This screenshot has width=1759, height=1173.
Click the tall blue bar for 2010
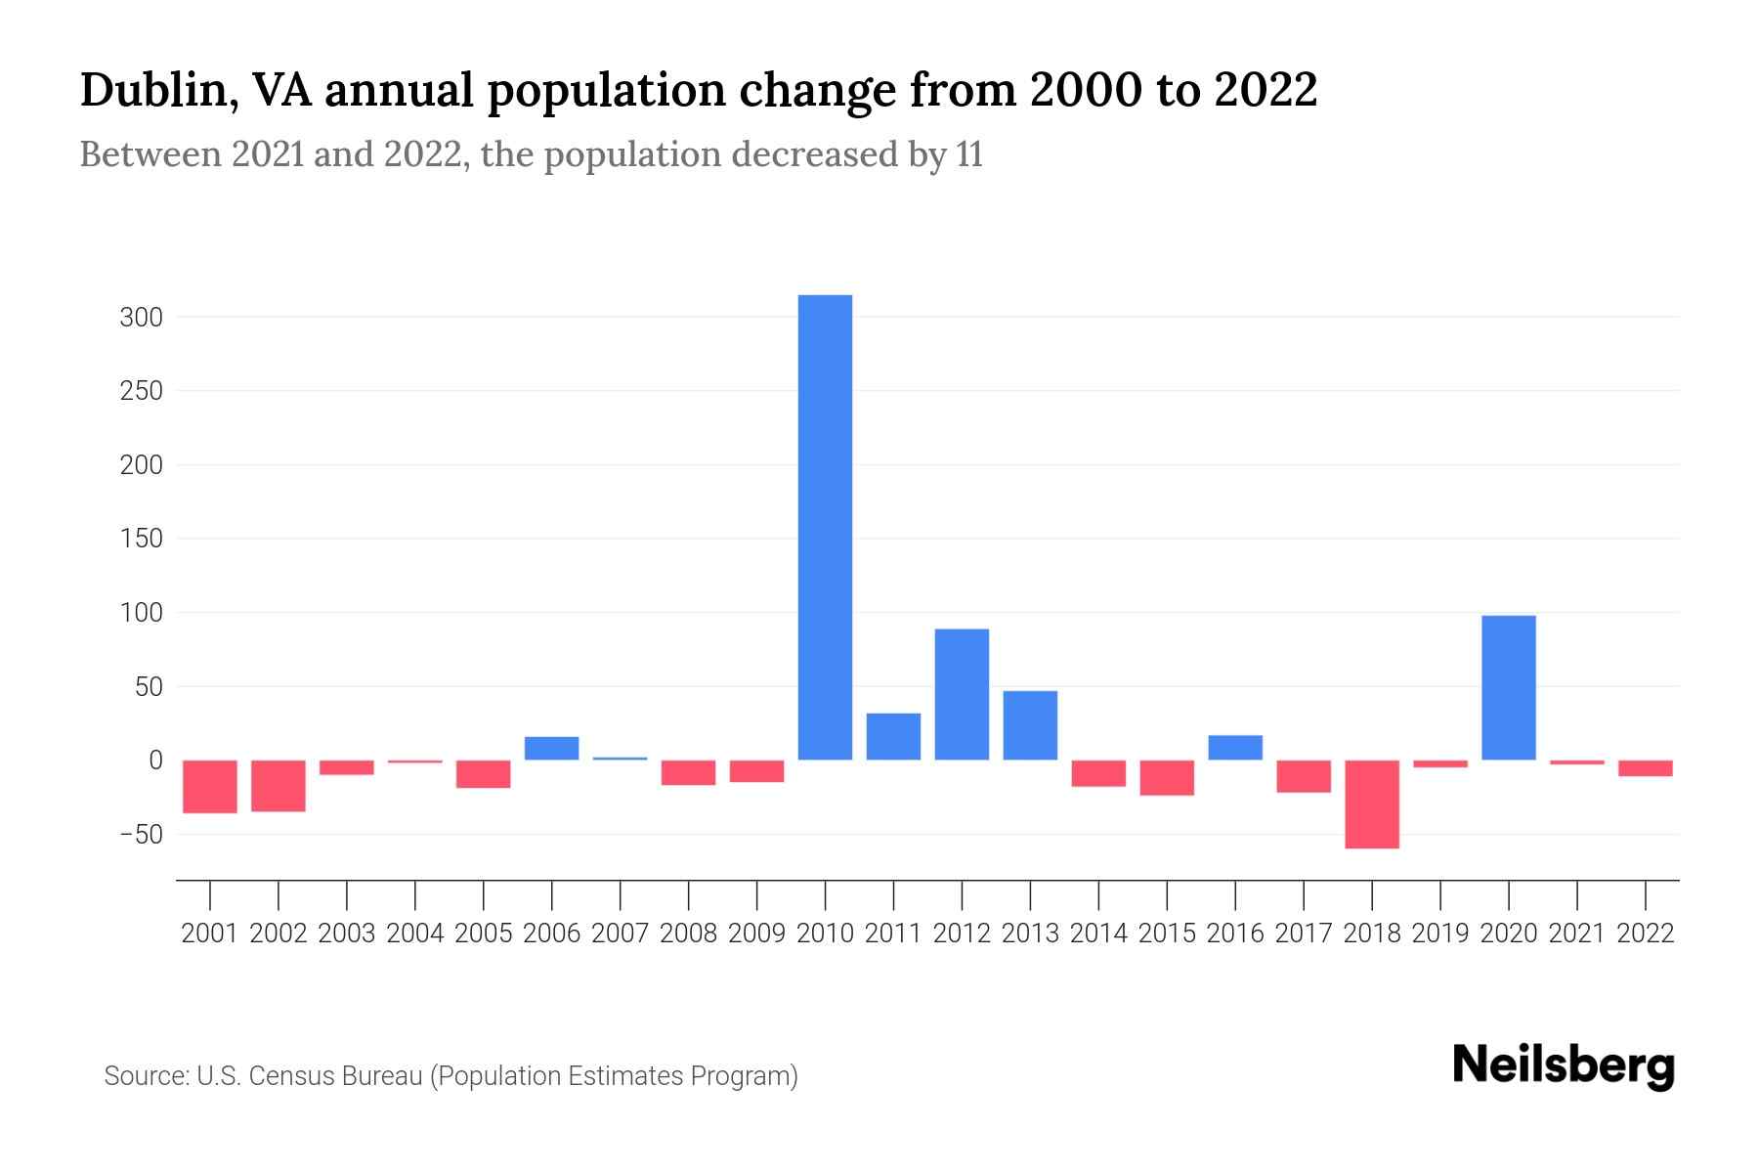click(825, 528)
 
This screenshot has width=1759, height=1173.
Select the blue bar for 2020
click(1508, 687)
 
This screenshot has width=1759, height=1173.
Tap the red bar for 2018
click(1372, 804)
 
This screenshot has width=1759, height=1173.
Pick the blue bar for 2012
click(962, 694)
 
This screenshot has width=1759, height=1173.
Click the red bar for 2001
click(210, 786)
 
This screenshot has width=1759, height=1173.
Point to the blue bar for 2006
click(551, 748)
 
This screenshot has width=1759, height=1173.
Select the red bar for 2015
click(1167, 777)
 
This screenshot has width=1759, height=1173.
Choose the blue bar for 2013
click(1030, 724)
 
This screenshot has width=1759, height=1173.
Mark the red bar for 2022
click(1645, 767)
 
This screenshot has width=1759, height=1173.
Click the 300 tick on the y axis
click(141, 318)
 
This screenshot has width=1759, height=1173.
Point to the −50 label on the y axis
click(141, 835)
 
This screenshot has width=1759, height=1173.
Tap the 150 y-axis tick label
click(141, 539)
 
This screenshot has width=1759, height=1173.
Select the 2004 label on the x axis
click(415, 934)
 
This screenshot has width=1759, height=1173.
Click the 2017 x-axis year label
click(1304, 934)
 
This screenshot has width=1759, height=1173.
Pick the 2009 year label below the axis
click(756, 934)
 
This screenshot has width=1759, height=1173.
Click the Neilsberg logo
click(1564, 1066)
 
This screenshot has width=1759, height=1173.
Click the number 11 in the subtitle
click(969, 154)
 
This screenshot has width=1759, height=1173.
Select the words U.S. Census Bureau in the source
click(310, 1076)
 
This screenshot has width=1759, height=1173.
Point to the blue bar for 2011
click(893, 736)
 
